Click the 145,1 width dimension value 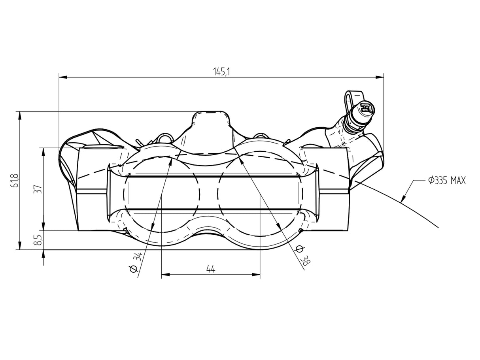[x=221, y=72]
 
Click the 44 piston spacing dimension [x=211, y=269]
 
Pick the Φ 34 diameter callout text [x=136, y=262]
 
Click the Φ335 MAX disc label [x=447, y=181]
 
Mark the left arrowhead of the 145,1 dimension [x=63, y=77]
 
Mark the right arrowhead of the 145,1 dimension [x=380, y=77]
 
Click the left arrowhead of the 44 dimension [x=165, y=275]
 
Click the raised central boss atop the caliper [x=210, y=123]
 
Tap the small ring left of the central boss [x=164, y=138]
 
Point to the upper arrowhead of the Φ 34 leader [x=170, y=162]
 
